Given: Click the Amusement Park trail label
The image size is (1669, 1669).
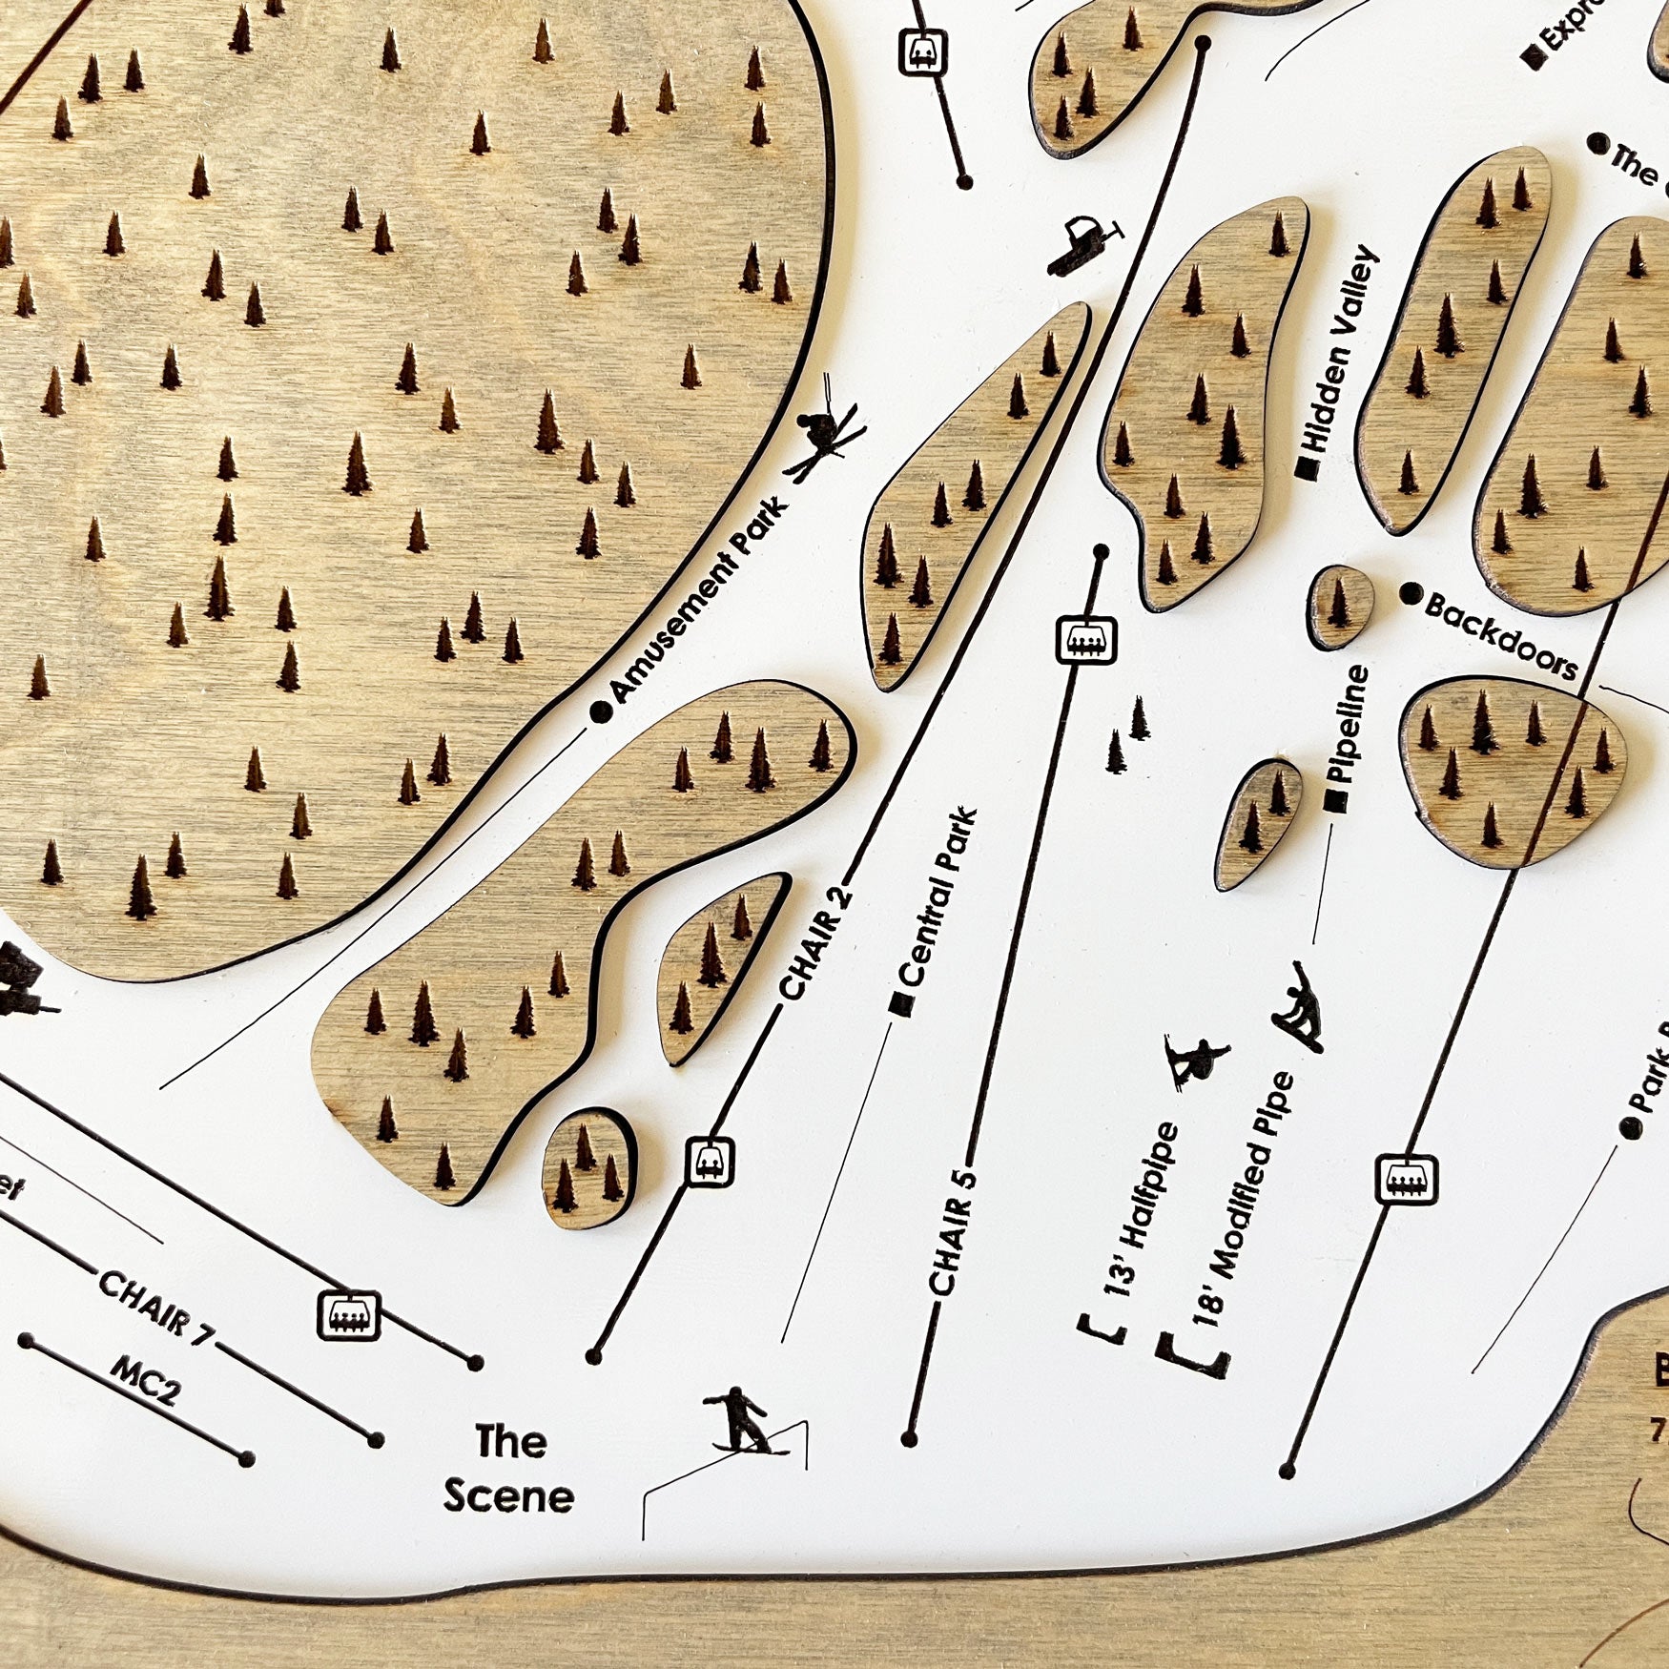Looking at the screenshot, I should (x=699, y=601).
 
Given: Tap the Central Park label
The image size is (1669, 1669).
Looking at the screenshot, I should (x=938, y=896).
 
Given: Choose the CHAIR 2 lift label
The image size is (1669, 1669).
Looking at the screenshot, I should (x=815, y=943).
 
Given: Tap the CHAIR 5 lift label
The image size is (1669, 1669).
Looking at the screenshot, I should (x=954, y=1230).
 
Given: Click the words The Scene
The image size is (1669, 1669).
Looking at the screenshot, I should (x=509, y=1469).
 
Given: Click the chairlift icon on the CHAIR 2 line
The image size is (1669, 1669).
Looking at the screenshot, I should (x=710, y=1162).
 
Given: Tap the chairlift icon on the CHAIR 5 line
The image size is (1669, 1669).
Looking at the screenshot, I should (x=1085, y=638).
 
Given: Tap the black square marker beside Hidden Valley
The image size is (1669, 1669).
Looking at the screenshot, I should (x=1307, y=468).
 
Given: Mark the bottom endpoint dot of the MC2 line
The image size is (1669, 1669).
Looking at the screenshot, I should (x=246, y=1458).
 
